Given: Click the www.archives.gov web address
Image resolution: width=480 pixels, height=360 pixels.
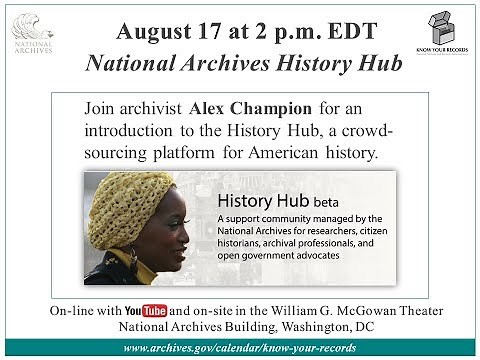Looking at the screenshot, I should [239, 345].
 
